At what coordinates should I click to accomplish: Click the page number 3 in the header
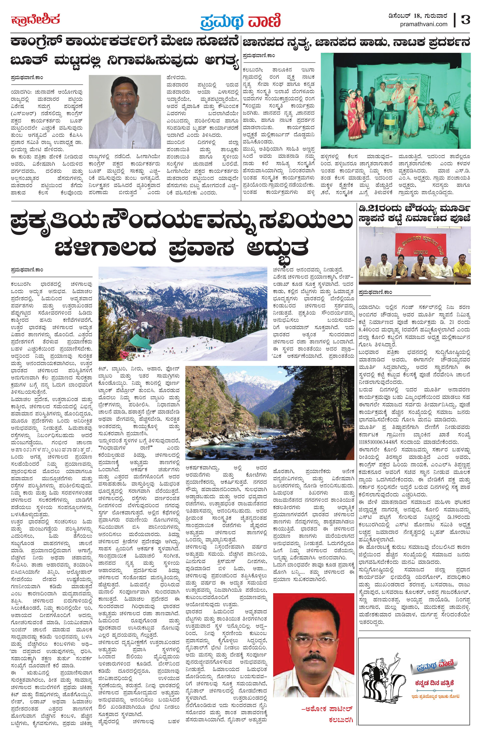click(465, 20)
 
